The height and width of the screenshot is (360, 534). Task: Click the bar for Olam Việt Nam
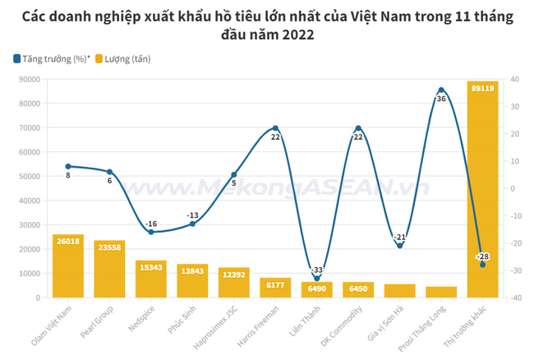click(x=68, y=266)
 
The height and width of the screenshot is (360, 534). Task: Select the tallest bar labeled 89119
click(x=482, y=189)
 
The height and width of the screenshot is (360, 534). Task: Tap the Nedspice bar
click(x=151, y=279)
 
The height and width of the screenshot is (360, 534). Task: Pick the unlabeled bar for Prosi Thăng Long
click(x=441, y=293)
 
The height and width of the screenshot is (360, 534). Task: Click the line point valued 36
click(x=441, y=90)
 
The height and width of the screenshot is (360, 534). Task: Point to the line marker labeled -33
click(x=317, y=279)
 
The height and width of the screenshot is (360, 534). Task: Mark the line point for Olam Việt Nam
click(x=68, y=167)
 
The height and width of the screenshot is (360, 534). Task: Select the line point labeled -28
click(x=482, y=265)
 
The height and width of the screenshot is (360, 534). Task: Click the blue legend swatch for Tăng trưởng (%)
click(x=17, y=59)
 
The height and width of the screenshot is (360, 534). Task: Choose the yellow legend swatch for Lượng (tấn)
click(x=99, y=59)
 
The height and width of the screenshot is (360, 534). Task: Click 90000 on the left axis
click(x=30, y=80)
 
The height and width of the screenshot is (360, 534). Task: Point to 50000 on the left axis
click(x=30, y=177)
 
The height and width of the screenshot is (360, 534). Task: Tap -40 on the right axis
click(x=516, y=298)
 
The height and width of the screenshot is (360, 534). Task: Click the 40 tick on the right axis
click(x=514, y=80)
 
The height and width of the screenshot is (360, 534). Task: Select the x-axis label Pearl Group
click(x=96, y=322)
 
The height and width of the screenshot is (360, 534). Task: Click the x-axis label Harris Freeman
click(x=258, y=326)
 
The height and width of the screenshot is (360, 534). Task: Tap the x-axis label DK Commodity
click(x=342, y=326)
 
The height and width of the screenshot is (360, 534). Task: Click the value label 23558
click(x=109, y=247)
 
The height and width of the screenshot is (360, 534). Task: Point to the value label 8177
click(x=275, y=284)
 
